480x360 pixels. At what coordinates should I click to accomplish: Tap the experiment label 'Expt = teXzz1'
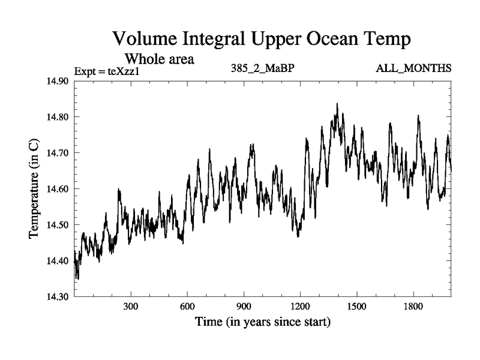tap(106, 72)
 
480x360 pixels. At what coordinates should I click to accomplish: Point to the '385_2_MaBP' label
tap(262, 68)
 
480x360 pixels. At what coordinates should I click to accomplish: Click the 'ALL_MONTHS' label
tap(413, 68)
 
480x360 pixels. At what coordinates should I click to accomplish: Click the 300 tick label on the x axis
tap(131, 307)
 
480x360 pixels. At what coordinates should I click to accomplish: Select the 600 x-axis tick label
tap(187, 307)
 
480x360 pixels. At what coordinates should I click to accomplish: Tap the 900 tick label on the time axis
tap(244, 307)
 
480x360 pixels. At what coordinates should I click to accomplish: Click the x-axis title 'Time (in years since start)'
tap(262, 323)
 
